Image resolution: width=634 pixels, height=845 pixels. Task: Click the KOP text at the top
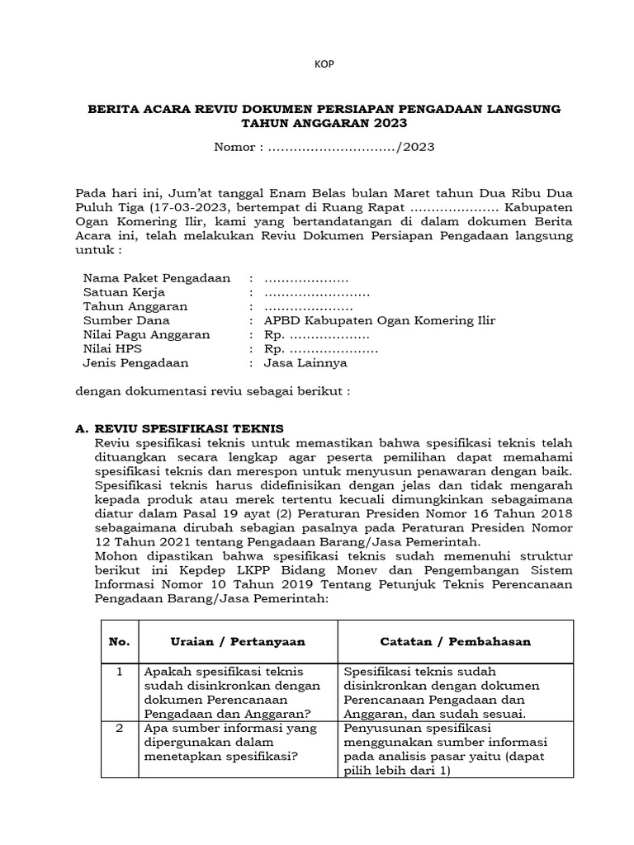coord(324,65)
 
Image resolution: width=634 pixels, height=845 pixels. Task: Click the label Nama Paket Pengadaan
coord(157,278)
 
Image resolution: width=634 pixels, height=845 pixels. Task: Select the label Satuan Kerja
coord(124,292)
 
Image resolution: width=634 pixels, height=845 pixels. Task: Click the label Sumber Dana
coord(126,320)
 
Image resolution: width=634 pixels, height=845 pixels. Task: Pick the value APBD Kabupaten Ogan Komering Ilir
coord(380,320)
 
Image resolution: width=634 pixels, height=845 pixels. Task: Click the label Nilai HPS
coord(113,348)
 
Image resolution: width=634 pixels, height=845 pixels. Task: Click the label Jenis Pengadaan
coord(136,362)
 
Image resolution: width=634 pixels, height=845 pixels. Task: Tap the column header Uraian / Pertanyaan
coord(238,641)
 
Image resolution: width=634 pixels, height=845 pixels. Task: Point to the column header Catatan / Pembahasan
coord(455,641)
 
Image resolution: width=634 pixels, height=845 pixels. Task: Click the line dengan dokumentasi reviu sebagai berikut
coord(213,391)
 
